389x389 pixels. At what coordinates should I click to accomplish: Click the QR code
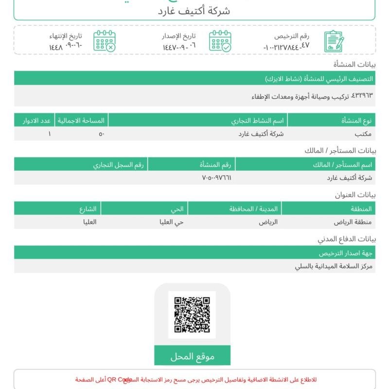(192, 315)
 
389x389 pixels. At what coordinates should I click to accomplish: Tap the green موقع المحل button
(192, 356)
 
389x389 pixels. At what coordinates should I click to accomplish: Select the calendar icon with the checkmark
(220, 41)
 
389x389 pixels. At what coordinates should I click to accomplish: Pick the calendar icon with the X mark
(105, 41)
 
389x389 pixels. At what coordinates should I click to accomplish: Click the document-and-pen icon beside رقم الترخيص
(334, 41)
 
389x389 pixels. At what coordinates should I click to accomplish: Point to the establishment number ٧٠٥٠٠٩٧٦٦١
(216, 178)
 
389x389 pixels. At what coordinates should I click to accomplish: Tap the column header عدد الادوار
(35, 120)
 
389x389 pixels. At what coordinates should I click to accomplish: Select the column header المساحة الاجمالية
(82, 120)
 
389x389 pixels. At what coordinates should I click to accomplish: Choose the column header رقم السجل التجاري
(119, 164)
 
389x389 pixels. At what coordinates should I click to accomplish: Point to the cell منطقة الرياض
(353, 222)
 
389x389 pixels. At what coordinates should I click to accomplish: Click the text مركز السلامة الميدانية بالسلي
(334, 266)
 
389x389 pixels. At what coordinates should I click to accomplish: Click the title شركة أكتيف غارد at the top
(194, 11)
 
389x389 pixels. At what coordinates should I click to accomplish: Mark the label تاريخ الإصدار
(179, 36)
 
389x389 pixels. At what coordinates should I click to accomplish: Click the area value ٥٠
(101, 134)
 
